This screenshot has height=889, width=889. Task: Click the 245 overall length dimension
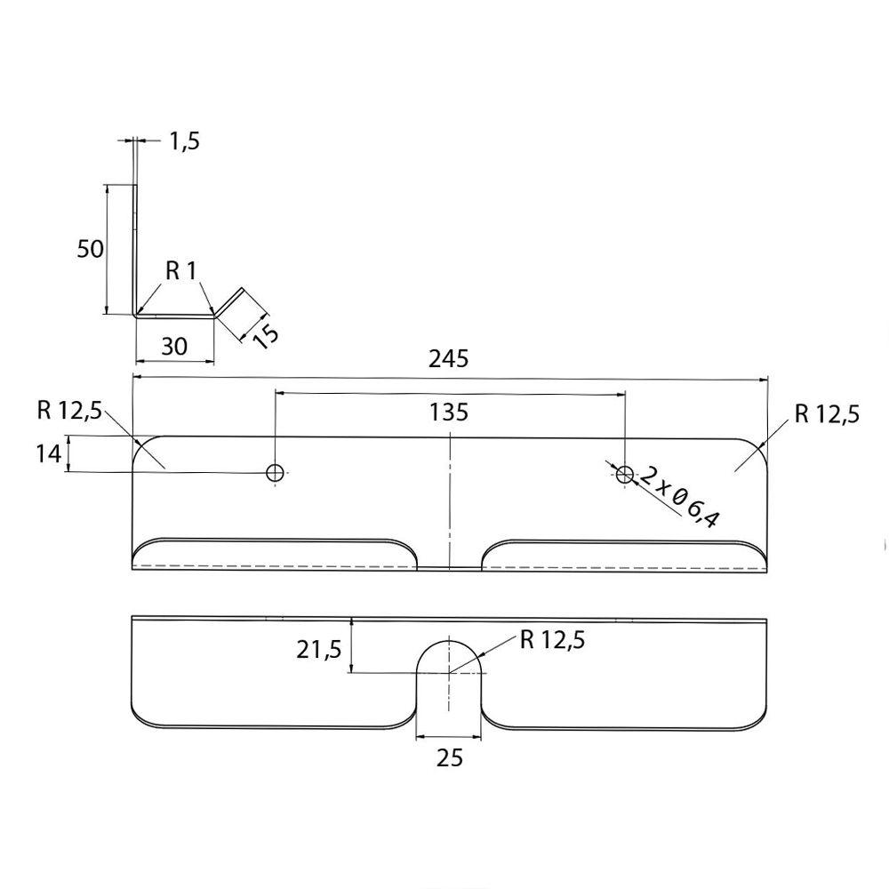[x=449, y=358]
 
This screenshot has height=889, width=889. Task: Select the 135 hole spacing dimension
[x=449, y=412]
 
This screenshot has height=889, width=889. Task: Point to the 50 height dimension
[x=91, y=249]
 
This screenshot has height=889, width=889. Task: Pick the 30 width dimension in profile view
[x=174, y=346]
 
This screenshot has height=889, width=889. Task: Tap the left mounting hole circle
[x=276, y=472]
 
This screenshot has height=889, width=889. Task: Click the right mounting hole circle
[x=625, y=476]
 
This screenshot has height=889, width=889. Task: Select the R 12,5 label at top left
[x=70, y=410]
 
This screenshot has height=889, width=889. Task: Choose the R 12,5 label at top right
[x=827, y=414]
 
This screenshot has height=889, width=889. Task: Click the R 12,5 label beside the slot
[x=552, y=640]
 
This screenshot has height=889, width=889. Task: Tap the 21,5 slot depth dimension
[x=318, y=651]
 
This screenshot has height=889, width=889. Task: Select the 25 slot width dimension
[x=450, y=757]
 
